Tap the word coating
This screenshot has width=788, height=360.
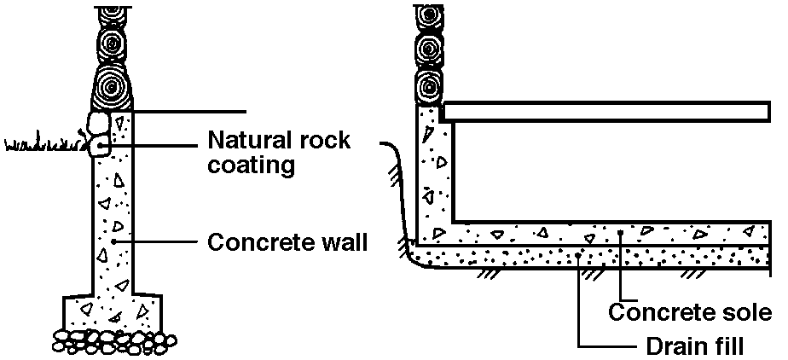coord(252,165)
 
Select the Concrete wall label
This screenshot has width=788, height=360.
coord(287,242)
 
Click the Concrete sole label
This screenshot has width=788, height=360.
coord(692,312)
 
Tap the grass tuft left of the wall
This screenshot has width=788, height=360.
coord(43,144)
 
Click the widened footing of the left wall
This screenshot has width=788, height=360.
coord(112,310)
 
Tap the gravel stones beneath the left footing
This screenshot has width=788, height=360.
coord(111,340)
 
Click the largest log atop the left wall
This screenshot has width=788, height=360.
coord(112,86)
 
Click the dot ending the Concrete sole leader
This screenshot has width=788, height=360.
coord(620,231)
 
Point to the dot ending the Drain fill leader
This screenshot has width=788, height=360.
coord(579,253)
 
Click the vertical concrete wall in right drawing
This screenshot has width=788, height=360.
coord(432,171)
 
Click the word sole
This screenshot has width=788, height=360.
coord(749,312)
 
